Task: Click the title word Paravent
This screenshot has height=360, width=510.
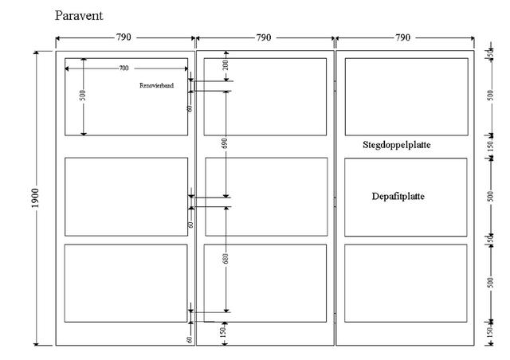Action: click(x=80, y=15)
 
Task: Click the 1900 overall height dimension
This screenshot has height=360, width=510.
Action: click(x=36, y=198)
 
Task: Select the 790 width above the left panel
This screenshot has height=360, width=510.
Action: click(x=124, y=37)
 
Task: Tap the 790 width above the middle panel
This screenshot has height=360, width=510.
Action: click(x=264, y=37)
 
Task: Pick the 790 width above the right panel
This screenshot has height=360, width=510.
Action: click(x=402, y=37)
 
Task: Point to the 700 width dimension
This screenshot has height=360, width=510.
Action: click(x=124, y=68)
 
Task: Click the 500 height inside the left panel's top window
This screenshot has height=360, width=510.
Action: click(x=83, y=95)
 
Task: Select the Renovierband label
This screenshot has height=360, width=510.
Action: click(x=156, y=84)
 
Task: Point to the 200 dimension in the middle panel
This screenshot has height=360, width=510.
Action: click(x=226, y=65)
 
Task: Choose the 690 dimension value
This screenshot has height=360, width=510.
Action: click(x=226, y=144)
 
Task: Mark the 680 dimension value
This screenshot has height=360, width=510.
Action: click(x=226, y=259)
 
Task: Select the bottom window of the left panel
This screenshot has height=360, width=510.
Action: click(x=125, y=283)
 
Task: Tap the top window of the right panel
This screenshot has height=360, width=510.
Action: click(x=406, y=96)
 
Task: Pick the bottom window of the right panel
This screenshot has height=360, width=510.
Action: click(x=406, y=283)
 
